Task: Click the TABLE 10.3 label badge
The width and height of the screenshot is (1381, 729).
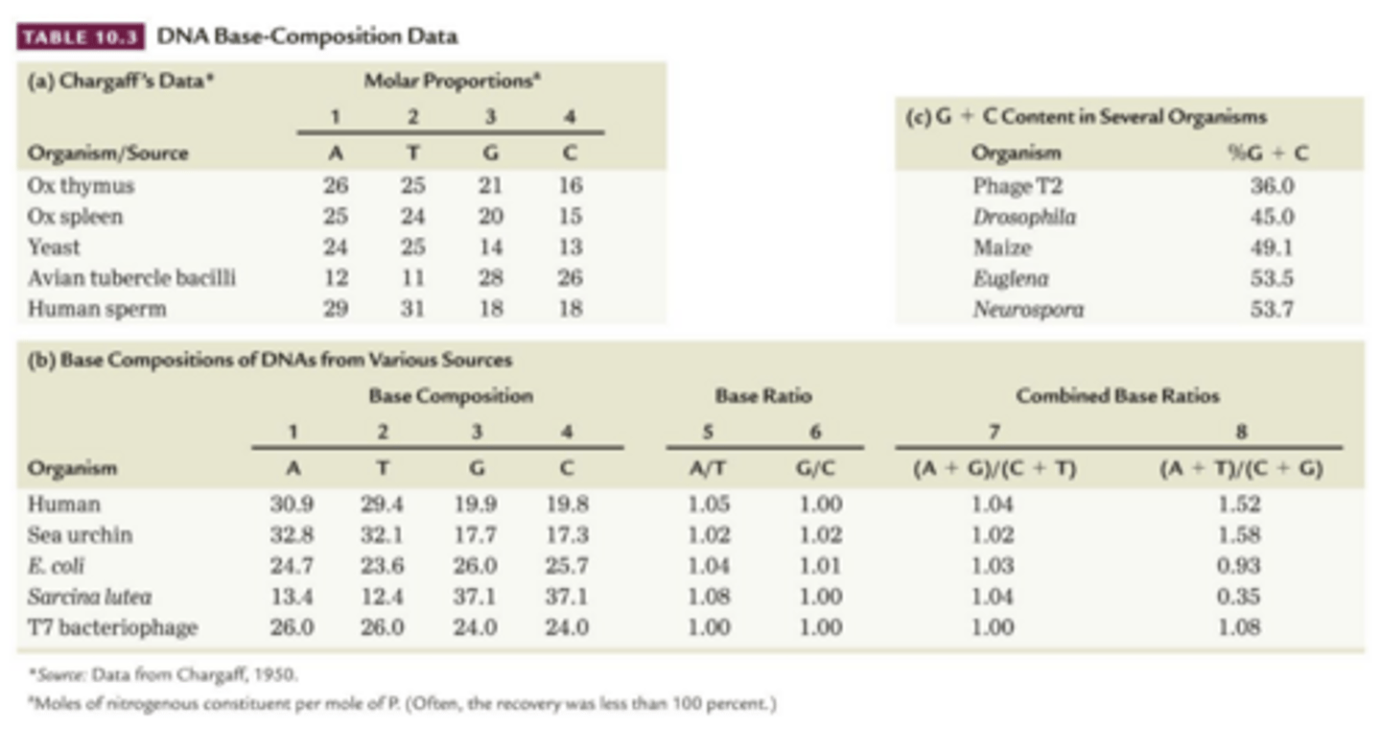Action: [82, 37]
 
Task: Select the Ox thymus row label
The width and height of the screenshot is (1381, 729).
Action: [81, 185]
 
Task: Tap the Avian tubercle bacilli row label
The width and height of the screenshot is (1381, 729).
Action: [131, 278]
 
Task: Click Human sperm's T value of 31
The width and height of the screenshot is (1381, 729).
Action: [411, 309]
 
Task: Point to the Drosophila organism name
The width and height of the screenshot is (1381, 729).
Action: [1023, 217]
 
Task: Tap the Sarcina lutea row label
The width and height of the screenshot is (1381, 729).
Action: [90, 597]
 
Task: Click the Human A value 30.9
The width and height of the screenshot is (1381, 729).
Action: [292, 504]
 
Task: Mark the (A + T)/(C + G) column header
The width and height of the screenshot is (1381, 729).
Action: [1242, 469]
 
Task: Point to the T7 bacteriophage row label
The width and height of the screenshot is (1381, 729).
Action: [112, 628]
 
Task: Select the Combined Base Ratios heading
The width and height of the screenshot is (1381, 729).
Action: [1118, 395]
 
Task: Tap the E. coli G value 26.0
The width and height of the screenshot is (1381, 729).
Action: [477, 566]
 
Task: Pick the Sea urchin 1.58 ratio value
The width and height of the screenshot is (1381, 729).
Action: [1242, 534]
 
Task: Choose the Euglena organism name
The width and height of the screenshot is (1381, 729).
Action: [1010, 278]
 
